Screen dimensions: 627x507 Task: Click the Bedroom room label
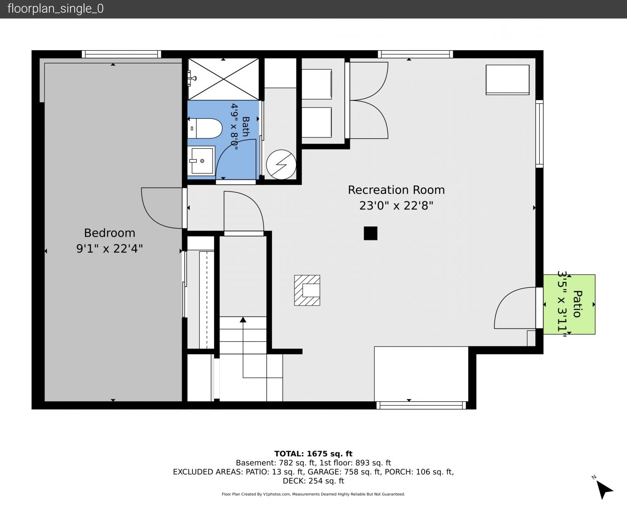point(109,233)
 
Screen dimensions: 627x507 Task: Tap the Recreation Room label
point(396,190)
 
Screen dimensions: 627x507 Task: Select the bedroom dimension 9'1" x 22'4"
point(109,249)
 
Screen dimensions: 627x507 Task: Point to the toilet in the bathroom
point(205,128)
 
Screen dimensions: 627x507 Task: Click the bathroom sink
point(201,161)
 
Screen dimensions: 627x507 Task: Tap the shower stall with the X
point(224,79)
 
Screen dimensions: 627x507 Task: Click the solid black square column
point(371,233)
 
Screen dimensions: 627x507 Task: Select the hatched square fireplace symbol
point(307,291)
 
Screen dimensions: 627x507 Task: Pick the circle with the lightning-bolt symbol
point(281,164)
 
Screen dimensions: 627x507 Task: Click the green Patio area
point(569,304)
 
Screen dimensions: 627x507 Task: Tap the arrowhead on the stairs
point(243,320)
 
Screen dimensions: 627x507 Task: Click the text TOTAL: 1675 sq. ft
point(313,453)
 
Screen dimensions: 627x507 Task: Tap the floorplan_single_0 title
point(55,8)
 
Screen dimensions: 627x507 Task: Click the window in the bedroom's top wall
point(121,54)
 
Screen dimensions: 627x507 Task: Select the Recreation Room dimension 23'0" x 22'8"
point(396,206)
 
